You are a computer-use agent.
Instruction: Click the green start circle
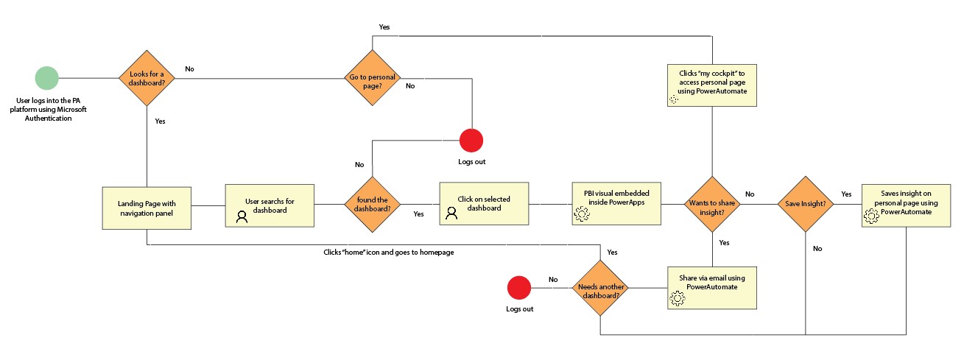pyautogui.click(x=46, y=77)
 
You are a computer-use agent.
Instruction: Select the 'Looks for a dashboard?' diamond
pyautogui.click(x=147, y=77)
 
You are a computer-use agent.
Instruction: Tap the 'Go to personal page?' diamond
pyautogui.click(x=373, y=77)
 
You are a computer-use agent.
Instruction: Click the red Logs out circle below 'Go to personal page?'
pyautogui.click(x=471, y=140)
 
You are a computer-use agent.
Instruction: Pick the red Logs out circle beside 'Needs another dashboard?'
pyautogui.click(x=519, y=287)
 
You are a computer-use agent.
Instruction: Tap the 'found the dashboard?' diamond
pyautogui.click(x=373, y=204)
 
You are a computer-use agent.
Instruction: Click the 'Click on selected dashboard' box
pyautogui.click(x=483, y=204)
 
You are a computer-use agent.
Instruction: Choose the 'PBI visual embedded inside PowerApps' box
pyautogui.click(x=617, y=204)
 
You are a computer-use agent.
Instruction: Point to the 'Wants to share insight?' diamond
pyautogui.click(x=711, y=204)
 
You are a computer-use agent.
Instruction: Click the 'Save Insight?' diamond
pyautogui.click(x=806, y=204)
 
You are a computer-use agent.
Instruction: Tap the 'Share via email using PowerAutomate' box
pyautogui.click(x=711, y=287)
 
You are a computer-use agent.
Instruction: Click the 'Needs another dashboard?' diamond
pyautogui.click(x=600, y=287)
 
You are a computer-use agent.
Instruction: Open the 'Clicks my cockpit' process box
pyautogui.click(x=711, y=85)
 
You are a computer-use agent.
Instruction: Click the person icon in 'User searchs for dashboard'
pyautogui.click(x=242, y=216)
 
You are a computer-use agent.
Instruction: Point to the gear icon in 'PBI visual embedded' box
pyautogui.click(x=582, y=214)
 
